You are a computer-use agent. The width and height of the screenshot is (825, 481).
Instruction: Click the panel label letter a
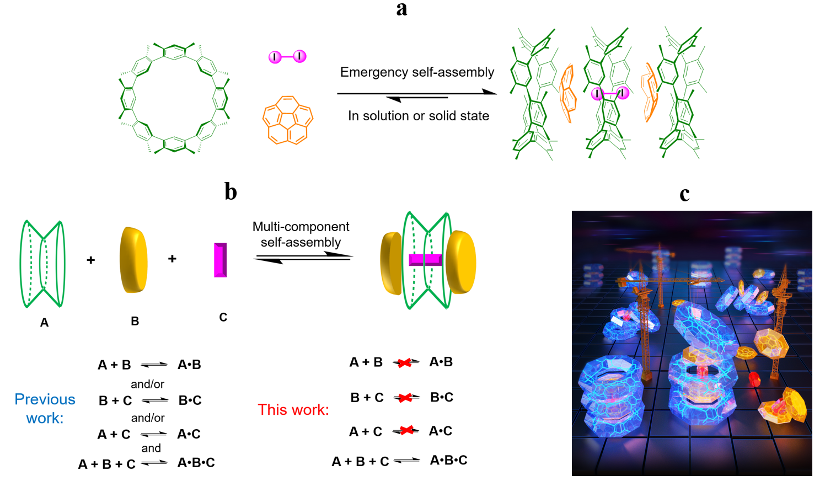tap(401, 9)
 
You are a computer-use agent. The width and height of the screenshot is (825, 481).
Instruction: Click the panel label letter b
tap(231, 191)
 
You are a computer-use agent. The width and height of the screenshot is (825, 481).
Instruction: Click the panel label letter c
tap(684, 194)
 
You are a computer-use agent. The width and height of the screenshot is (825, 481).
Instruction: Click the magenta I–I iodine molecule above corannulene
tap(287, 56)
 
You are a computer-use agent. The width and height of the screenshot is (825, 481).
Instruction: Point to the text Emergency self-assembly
tap(417, 72)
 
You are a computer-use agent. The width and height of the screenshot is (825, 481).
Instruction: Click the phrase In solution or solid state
tap(418, 116)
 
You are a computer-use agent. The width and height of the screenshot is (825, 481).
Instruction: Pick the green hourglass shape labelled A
tap(42, 264)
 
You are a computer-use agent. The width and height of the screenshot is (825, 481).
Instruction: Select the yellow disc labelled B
tap(133, 259)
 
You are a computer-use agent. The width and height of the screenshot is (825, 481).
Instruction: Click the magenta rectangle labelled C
tap(221, 260)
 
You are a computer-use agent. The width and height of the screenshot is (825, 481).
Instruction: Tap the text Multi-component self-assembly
tap(301, 234)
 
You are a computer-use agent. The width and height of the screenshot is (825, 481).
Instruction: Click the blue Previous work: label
tap(45, 408)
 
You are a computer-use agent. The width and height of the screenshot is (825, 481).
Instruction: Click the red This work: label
tap(293, 410)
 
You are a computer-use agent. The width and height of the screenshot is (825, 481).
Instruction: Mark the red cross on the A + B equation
tap(405, 362)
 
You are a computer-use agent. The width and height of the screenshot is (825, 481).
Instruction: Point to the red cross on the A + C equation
tap(406, 430)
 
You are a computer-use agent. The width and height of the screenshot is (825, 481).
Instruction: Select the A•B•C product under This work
tap(448, 460)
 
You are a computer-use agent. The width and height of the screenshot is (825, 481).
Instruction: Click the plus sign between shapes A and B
tap(91, 260)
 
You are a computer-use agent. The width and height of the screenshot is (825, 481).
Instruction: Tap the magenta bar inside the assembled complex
tap(425, 260)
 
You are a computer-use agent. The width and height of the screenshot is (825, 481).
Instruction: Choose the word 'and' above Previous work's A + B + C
tap(151, 448)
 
